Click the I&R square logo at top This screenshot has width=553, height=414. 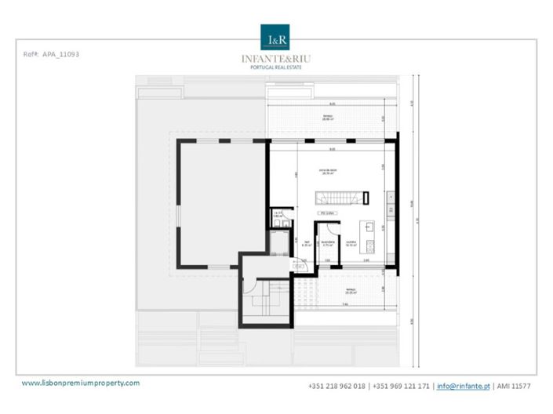276,38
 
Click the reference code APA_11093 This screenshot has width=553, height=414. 53,54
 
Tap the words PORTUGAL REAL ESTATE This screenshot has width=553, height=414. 276,67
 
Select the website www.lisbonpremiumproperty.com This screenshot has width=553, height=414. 80,383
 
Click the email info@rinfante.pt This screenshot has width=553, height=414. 463,386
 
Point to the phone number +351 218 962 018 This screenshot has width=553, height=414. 337,386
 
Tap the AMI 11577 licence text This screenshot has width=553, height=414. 512,386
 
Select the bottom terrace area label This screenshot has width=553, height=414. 351,290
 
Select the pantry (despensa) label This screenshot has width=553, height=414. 329,243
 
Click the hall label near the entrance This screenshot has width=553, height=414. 307,244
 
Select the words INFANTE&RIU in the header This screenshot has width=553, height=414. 276,57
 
